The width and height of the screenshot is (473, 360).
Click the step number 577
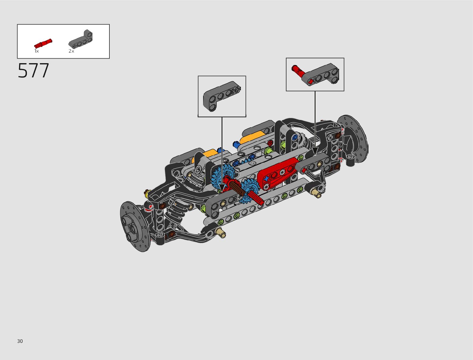(x=34, y=71)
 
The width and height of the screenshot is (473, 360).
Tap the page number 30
(x=20, y=341)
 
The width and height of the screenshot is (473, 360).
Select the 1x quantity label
(x=36, y=51)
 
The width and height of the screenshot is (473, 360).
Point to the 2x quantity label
(x=71, y=51)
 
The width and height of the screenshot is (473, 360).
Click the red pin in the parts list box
(x=43, y=43)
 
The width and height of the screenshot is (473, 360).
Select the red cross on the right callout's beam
(x=310, y=81)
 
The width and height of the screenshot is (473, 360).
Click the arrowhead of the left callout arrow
(x=222, y=188)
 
